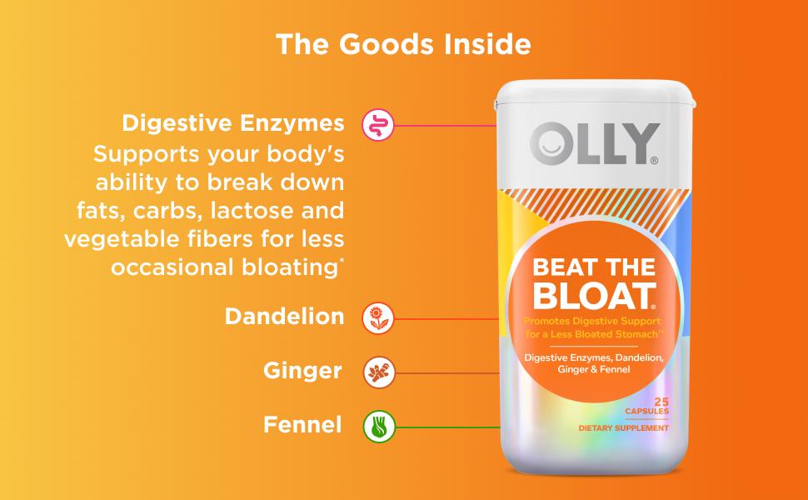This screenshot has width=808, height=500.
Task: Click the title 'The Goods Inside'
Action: (403, 44)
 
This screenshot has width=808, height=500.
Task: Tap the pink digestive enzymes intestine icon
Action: (377, 125)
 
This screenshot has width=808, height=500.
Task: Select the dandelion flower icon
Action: (377, 317)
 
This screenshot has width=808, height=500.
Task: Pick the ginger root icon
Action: (377, 372)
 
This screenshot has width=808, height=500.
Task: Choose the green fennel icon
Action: (377, 426)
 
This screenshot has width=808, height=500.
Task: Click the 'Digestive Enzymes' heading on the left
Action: (232, 123)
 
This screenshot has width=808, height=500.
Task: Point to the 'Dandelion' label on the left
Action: (284, 317)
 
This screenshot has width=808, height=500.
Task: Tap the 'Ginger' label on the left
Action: (302, 371)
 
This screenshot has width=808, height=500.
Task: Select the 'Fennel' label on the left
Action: (302, 425)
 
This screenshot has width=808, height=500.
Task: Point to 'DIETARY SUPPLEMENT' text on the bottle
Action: (625, 427)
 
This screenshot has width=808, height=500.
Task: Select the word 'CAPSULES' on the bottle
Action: (646, 412)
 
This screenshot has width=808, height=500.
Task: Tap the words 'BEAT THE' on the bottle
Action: (593, 268)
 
